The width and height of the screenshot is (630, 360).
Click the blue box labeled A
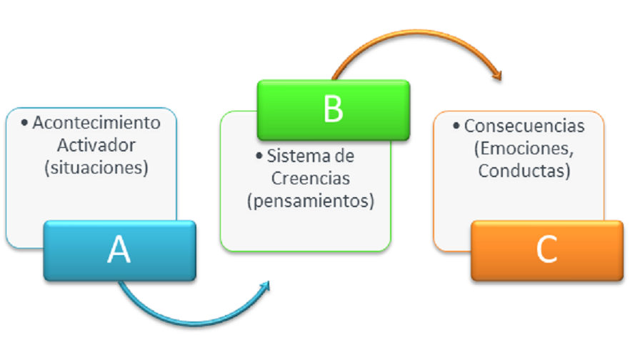pos(119,250)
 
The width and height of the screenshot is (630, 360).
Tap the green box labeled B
pos(333,109)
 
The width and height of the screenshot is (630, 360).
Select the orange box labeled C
pos(546,250)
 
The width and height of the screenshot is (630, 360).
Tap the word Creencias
pos(311,179)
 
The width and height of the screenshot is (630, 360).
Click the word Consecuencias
pos(524,126)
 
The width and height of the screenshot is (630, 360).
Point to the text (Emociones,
pos(524,149)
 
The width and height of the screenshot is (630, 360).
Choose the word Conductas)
pos(524,171)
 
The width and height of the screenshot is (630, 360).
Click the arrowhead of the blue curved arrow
pos(266,285)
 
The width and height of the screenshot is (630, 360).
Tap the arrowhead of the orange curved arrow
pos(497,74)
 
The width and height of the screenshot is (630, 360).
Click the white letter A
pos(119,250)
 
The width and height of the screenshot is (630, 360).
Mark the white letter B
pos(333,109)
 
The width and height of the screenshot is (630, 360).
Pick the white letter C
pos(546,250)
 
